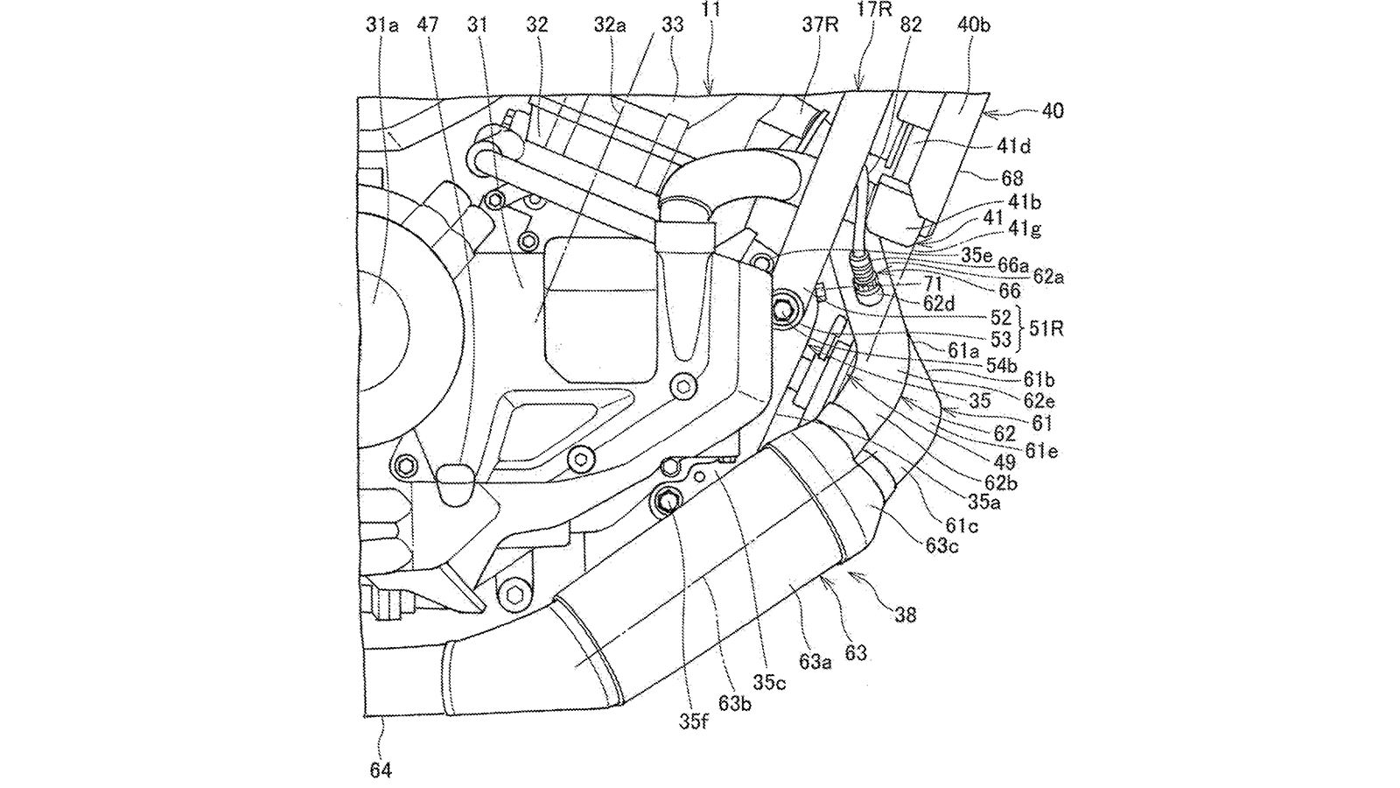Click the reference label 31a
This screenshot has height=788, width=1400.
click(x=381, y=26)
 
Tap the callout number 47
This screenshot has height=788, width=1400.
click(x=428, y=26)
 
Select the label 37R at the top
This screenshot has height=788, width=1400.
click(x=821, y=26)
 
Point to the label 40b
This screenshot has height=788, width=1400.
click(x=974, y=26)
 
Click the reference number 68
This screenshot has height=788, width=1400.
click(x=1012, y=179)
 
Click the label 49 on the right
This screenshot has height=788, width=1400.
click(x=1005, y=461)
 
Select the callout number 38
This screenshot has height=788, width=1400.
click(x=906, y=616)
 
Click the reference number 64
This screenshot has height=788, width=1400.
click(x=381, y=770)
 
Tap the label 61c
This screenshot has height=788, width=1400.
click(x=962, y=525)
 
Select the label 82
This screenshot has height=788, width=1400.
click(x=911, y=26)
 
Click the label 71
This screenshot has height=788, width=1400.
click(x=933, y=285)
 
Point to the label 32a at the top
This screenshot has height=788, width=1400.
click(x=610, y=26)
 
